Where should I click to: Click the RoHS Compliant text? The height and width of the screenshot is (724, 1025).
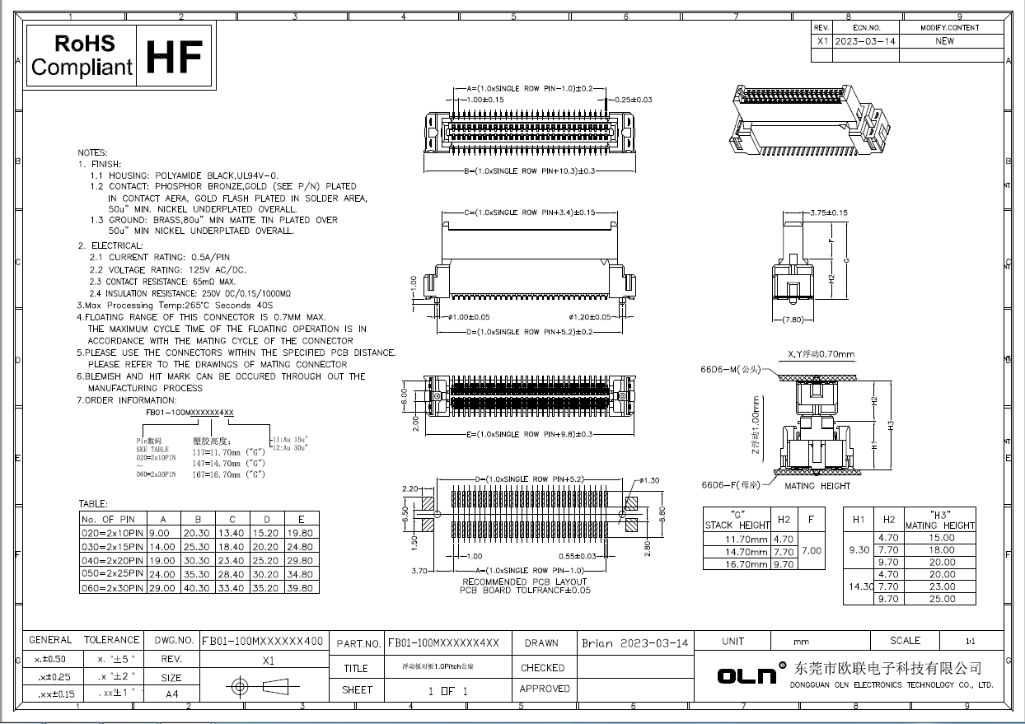point(82,56)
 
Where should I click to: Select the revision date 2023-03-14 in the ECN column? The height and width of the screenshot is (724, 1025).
point(865,40)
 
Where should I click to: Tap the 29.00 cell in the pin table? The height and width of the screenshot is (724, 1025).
point(163,588)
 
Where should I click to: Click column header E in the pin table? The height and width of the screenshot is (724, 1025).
point(302,519)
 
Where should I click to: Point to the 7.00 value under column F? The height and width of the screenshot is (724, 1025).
point(812,551)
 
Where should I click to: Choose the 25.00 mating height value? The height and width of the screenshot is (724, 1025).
point(942,599)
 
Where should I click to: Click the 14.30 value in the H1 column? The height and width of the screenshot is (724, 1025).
point(859,586)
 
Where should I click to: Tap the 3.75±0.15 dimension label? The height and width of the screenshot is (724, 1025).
point(828,213)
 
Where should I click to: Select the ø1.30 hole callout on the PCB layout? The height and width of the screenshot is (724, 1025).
point(648,480)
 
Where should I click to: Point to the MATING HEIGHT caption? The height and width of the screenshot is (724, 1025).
point(812,486)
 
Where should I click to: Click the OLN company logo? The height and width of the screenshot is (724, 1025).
point(747,675)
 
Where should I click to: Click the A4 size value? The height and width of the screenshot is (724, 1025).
point(171,694)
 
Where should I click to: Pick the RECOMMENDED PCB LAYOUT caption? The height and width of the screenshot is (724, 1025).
point(524,582)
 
